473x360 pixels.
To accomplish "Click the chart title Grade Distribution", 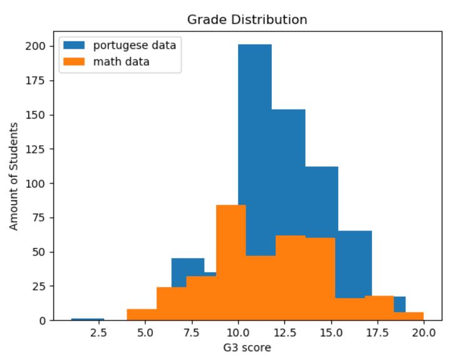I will pyautogui.click(x=247, y=20).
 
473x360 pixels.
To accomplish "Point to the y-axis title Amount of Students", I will pyautogui.click(x=14, y=177).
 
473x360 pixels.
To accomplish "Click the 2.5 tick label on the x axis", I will pyautogui.click(x=98, y=333).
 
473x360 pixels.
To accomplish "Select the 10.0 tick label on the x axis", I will pyautogui.click(x=238, y=333).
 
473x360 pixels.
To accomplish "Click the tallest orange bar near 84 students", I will pyautogui.click(x=231, y=263).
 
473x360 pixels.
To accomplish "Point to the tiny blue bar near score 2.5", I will pyautogui.click(x=88, y=319).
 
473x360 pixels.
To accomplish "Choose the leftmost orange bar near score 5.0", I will pyautogui.click(x=142, y=315).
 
